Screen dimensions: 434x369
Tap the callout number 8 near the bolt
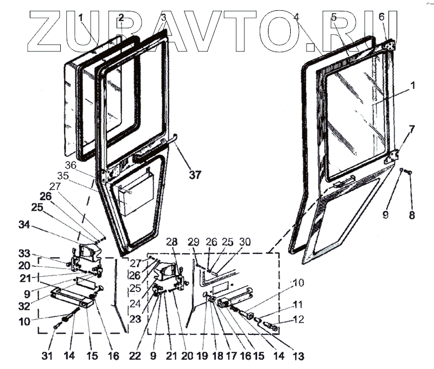point(411,214)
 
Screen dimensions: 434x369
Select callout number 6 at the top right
point(381,17)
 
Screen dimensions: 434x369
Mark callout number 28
point(171,241)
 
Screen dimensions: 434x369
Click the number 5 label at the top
point(334,17)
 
